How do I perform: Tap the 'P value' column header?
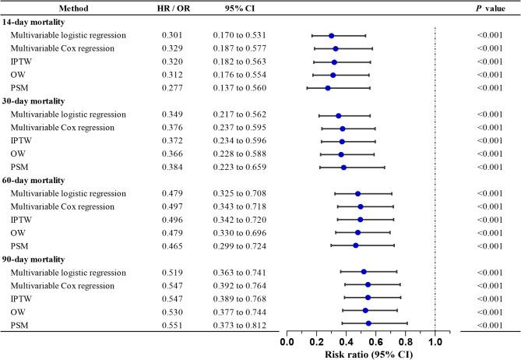point(491,8)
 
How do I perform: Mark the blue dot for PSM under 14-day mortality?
point(328,88)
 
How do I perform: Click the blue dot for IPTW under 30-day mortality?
point(342,141)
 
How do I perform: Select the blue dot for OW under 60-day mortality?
point(358,232)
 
